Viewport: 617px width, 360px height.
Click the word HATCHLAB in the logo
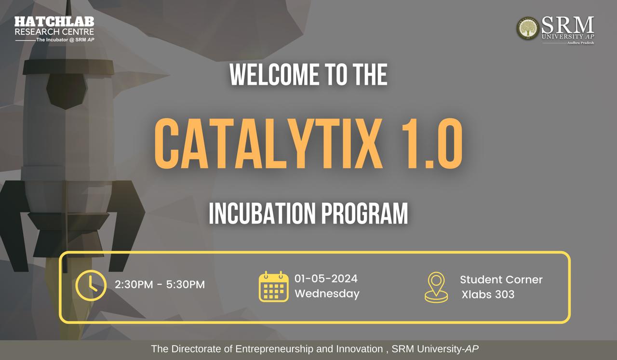tap(54, 22)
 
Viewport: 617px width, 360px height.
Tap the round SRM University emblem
tap(527, 28)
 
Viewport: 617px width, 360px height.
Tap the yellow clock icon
tap(91, 285)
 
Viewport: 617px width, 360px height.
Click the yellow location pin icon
tap(436, 287)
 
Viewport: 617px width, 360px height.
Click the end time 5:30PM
tap(186, 285)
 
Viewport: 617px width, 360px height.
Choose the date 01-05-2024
tap(326, 279)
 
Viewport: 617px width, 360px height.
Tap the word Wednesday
tap(327, 293)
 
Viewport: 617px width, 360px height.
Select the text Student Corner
tap(501, 280)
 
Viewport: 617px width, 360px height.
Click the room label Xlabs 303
tap(488, 294)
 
